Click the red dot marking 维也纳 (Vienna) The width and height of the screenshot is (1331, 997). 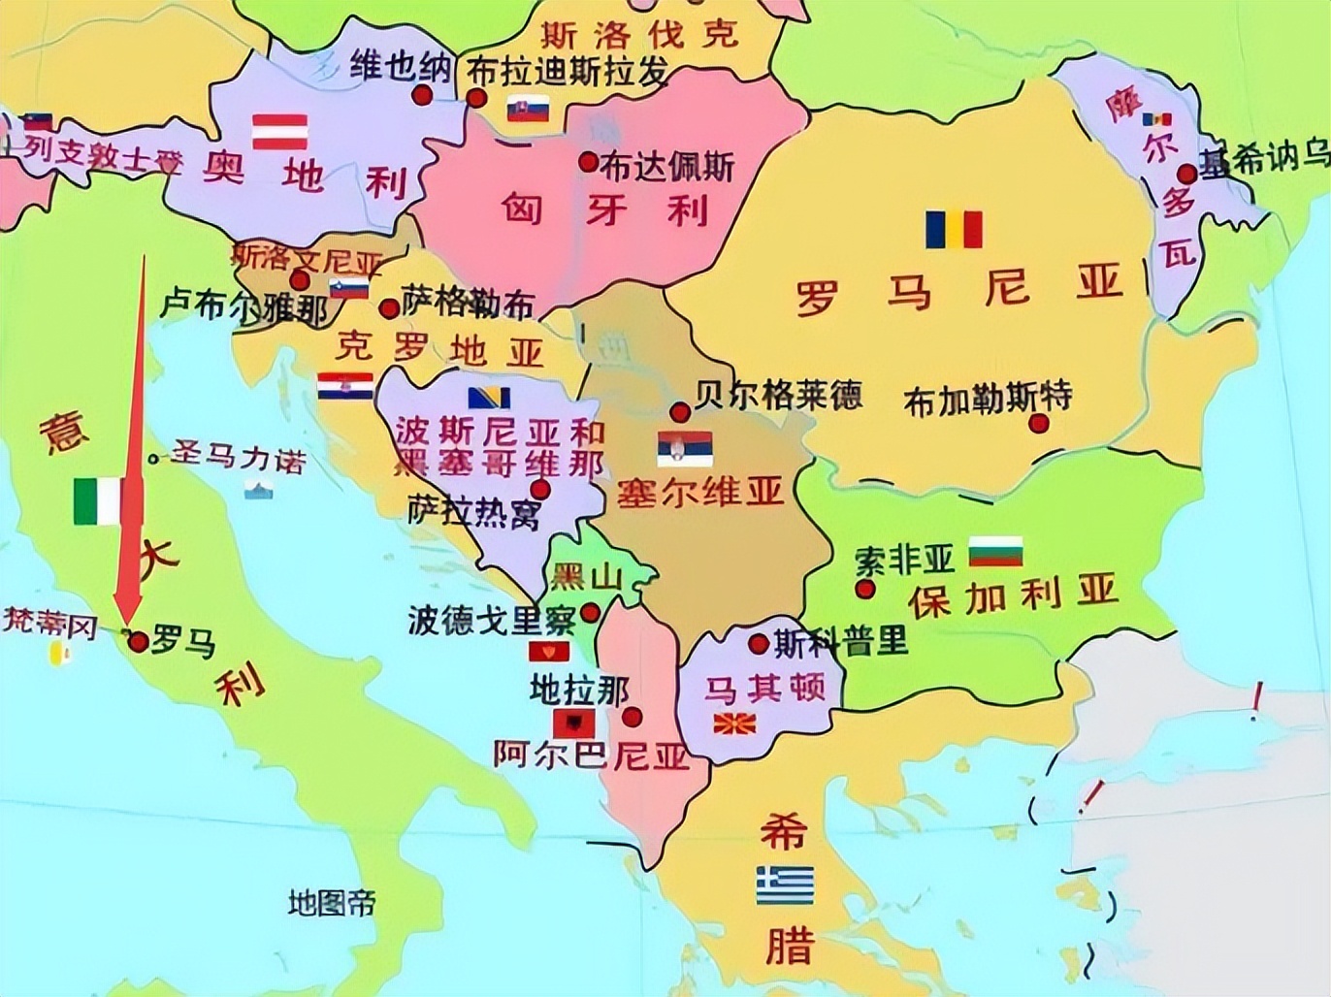[x=421, y=95]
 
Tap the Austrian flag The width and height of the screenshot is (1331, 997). [x=280, y=131]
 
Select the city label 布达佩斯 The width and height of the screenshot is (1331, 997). [x=667, y=167]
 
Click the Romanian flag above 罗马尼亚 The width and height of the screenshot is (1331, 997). [x=953, y=230]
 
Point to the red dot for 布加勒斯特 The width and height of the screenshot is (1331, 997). [x=1039, y=423]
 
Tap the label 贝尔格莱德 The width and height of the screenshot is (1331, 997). [x=778, y=395]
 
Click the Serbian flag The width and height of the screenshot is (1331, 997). [x=685, y=447]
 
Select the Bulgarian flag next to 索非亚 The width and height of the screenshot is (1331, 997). [x=996, y=551]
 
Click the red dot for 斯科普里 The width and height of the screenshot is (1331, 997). [x=759, y=643]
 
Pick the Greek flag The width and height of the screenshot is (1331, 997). [x=785, y=884]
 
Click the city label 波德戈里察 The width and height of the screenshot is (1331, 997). [x=492, y=619]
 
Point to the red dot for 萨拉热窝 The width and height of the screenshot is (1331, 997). [x=539, y=489]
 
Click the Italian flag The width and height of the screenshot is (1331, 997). [x=97, y=501]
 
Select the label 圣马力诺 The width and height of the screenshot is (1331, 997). [x=239, y=458]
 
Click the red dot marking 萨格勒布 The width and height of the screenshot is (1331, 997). [x=389, y=308]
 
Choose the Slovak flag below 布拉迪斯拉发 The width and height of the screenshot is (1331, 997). [x=529, y=110]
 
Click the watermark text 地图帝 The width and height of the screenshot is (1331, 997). [x=331, y=903]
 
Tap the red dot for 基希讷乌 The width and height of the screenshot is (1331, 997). [x=1186, y=175]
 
